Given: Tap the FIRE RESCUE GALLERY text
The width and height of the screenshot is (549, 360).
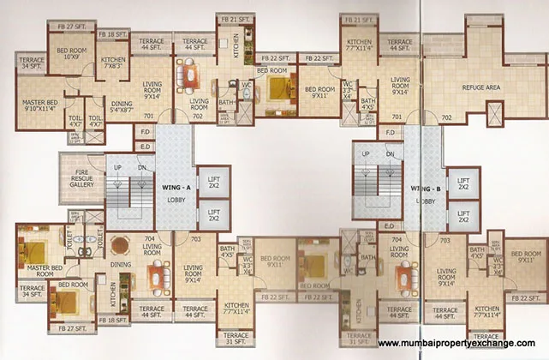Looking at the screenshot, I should point(82,177).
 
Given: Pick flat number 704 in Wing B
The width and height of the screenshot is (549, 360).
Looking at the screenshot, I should point(397,242).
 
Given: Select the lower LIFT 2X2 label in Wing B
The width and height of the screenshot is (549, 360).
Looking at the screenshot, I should point(463,215).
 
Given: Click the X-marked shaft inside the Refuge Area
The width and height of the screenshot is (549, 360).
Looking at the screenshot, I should point(494,113).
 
